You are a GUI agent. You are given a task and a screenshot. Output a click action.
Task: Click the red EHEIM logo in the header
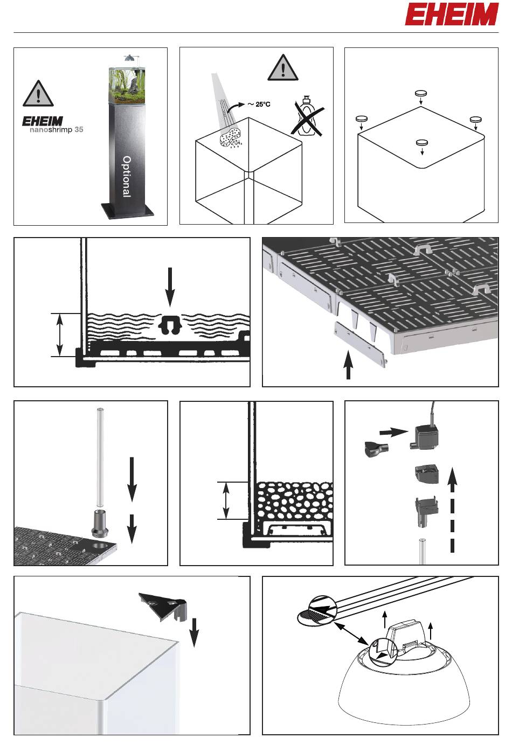pos(452,15)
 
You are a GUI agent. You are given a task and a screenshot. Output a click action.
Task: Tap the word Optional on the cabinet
pos(127,177)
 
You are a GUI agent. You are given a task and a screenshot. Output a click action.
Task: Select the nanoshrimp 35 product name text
pos(56,130)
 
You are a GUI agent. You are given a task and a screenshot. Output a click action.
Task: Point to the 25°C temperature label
pos(259,105)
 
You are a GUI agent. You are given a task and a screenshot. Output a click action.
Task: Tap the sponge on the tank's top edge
pos(230,136)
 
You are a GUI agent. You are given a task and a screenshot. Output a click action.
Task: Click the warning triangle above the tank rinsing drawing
pos(283,67)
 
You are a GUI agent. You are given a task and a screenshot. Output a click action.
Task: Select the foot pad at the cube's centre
pos(422,143)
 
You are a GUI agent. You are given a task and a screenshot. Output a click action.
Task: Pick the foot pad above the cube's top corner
pos(421,93)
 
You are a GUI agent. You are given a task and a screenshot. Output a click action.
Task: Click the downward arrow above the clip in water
pos(170,287)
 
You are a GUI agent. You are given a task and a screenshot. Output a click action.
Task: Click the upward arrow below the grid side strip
pos(348,365)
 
